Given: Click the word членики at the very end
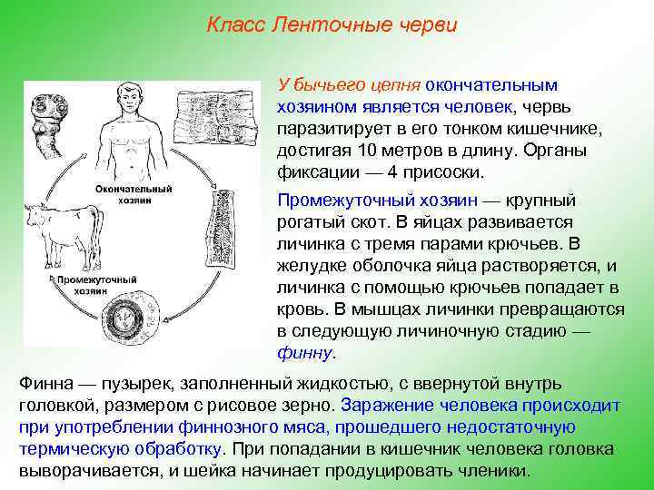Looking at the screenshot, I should [x=495, y=471].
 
